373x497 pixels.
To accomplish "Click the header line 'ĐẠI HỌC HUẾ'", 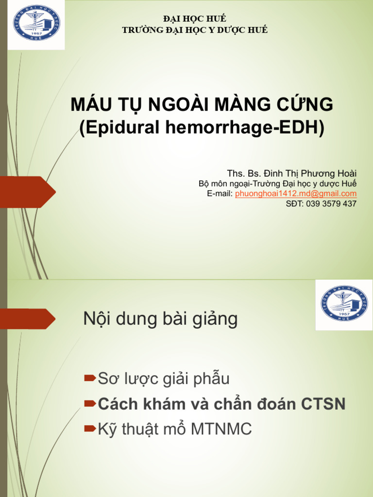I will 195,19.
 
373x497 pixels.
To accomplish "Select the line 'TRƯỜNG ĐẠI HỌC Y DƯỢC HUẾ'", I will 195,30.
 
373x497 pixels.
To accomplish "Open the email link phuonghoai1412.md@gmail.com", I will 296,194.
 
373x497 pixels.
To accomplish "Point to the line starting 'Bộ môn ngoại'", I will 277,183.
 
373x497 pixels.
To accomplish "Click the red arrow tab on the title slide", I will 27,192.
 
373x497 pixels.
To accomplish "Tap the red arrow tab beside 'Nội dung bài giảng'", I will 27,319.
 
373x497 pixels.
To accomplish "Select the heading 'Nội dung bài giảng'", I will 161,319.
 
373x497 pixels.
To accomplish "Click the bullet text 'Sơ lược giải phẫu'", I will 164,379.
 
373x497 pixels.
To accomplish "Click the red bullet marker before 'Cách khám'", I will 90,403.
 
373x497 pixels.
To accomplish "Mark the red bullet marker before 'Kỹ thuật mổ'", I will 90,429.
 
